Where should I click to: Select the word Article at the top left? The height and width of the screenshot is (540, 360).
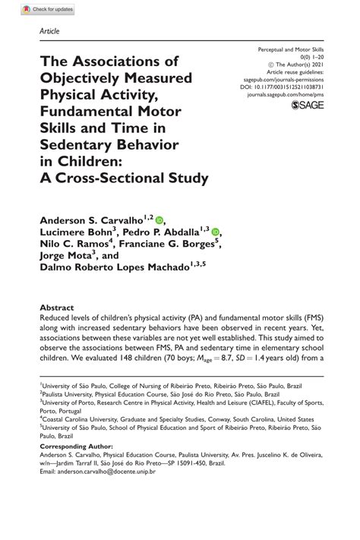[48, 31]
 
